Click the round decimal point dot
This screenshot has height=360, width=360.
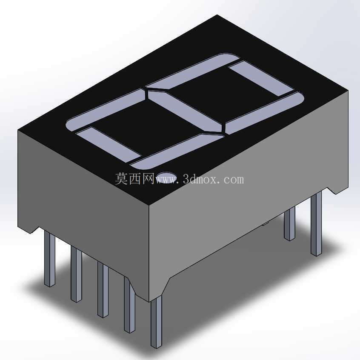pos(167,177)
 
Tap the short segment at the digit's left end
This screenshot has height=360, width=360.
pos(108,145)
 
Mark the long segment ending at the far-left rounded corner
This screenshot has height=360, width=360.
pos(106,111)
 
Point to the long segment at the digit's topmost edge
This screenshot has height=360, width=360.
pos(193,71)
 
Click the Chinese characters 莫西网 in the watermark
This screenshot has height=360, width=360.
pos(134,179)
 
